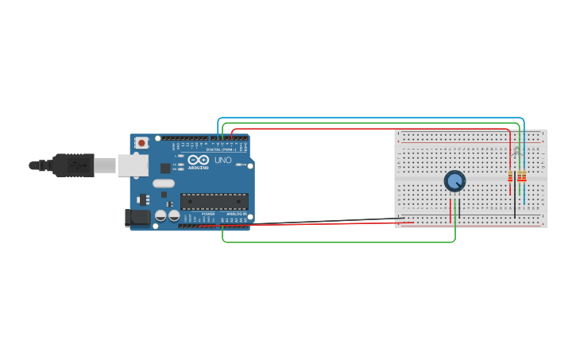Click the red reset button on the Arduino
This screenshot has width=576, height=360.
click(141, 143)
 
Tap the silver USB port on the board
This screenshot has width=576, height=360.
click(133, 165)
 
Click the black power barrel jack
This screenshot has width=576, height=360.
click(137, 217)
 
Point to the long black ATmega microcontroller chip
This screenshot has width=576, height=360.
click(214, 201)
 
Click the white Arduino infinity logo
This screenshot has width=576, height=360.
click(198, 161)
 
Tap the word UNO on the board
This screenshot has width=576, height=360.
click(223, 161)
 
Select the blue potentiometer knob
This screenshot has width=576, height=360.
click(454, 181)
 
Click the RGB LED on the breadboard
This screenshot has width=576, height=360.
click(516, 150)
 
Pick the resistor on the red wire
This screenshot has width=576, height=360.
click(510, 176)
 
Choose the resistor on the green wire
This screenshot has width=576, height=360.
click(520, 176)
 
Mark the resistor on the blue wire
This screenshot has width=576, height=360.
click(524, 176)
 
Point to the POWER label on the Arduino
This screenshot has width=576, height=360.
click(208, 214)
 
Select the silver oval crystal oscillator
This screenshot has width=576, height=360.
click(164, 184)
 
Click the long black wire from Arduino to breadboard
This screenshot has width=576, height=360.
click(318, 222)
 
